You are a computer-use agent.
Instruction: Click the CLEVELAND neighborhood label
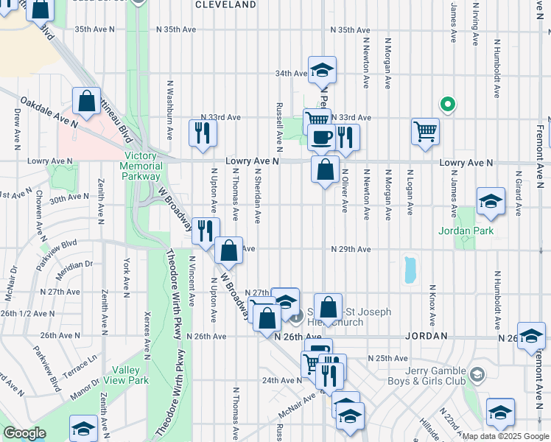tap(225, 4)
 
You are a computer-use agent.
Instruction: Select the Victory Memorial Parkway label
tap(143, 166)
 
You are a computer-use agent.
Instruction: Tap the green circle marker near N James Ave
tap(446, 103)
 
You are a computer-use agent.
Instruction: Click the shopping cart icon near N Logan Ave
tap(425, 132)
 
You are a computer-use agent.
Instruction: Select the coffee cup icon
tap(321, 137)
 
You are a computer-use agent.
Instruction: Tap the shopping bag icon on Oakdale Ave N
tap(87, 102)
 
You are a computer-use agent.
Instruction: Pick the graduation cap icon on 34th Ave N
tap(322, 70)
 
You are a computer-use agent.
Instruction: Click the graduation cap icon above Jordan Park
tap(491, 201)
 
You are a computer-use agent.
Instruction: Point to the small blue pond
tap(409, 270)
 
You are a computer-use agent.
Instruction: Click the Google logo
tap(24, 433)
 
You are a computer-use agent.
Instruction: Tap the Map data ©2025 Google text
tap(505, 436)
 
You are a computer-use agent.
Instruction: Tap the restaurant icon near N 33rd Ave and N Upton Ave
tap(201, 133)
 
